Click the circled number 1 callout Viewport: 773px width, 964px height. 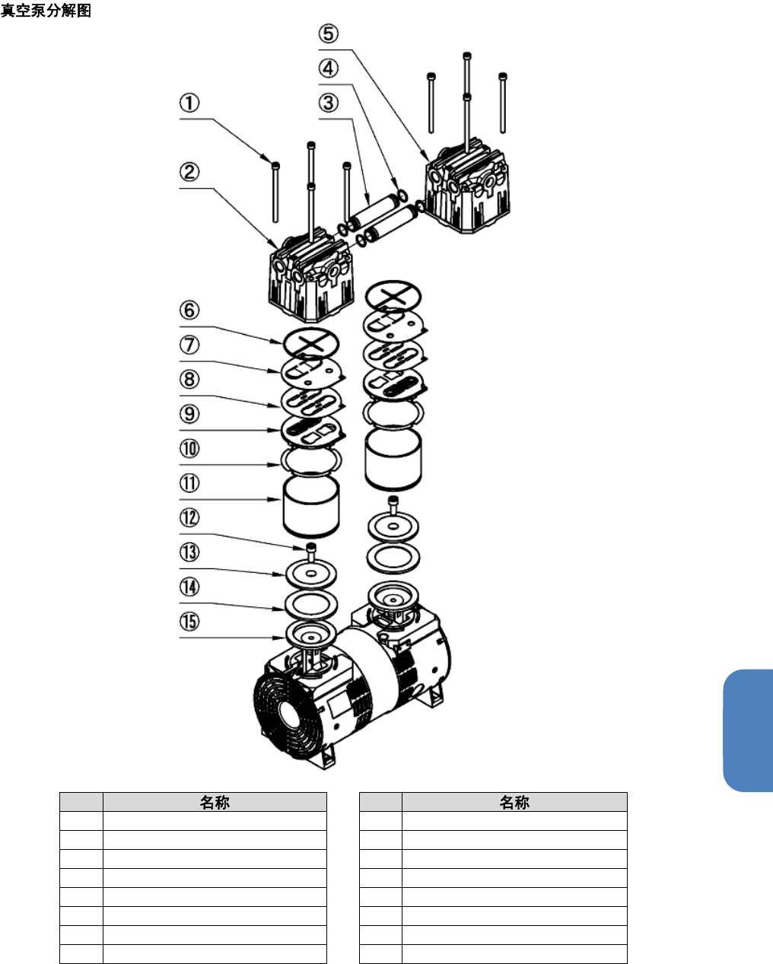[189, 103]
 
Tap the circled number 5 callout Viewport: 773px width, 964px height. [329, 33]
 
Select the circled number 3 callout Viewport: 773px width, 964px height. [329, 103]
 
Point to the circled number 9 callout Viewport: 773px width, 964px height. [189, 414]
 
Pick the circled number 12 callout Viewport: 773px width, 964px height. [189, 517]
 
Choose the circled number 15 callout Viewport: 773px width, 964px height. [189, 622]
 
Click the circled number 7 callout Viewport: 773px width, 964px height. [189, 345]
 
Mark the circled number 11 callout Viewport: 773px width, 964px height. [189, 483]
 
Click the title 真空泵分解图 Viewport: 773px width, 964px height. [46, 10]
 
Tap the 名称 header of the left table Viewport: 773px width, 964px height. [215, 802]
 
